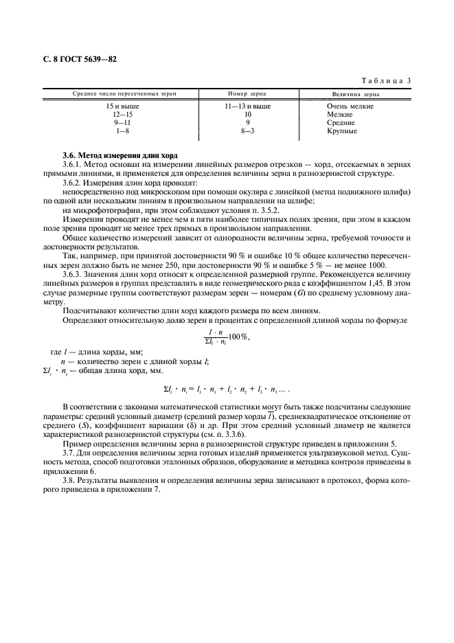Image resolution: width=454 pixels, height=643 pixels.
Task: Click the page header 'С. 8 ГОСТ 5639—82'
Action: [x=80, y=60]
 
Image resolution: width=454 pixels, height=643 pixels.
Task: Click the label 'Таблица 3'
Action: [x=385, y=80]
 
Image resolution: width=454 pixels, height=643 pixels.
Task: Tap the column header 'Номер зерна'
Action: [x=247, y=94]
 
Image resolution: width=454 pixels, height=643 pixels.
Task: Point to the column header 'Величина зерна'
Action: [x=356, y=94]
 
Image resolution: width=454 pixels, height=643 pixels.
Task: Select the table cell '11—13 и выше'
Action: [x=247, y=106]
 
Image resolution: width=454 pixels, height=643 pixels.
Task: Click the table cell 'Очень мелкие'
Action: [x=350, y=106]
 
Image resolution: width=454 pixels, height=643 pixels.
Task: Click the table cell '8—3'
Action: [x=247, y=131]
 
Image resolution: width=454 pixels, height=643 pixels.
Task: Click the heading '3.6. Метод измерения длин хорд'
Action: [x=114, y=157]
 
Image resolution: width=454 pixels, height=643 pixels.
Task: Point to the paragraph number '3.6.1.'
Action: [x=73, y=166]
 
